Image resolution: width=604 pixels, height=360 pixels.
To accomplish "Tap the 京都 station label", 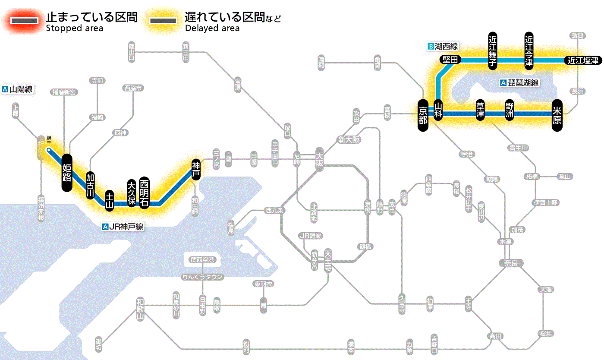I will (x=423, y=114).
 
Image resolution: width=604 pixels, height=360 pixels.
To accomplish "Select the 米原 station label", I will (x=557, y=115).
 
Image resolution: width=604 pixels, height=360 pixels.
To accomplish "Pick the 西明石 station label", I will (x=144, y=193).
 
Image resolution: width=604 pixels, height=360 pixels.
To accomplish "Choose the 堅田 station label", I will (x=450, y=60).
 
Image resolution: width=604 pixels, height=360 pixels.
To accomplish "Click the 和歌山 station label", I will (x=140, y=309).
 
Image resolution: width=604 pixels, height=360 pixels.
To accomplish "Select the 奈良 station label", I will (x=510, y=262).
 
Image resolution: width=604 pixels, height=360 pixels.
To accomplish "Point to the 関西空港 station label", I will (x=202, y=260).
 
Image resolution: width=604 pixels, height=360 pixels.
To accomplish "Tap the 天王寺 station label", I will (x=327, y=260).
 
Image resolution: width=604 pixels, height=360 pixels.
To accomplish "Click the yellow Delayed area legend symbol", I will (x=163, y=21).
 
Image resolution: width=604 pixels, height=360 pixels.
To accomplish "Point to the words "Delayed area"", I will (x=212, y=28).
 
